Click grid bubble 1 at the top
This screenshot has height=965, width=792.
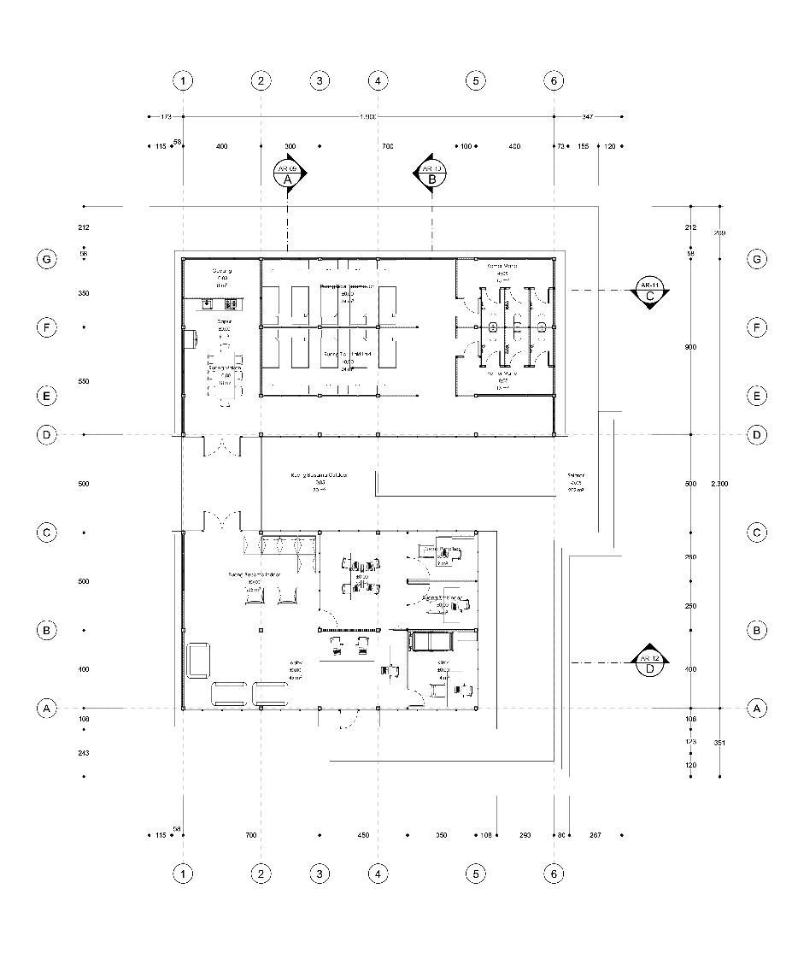pyautogui.click(x=183, y=81)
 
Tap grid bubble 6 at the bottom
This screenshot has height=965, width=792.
pyautogui.click(x=554, y=874)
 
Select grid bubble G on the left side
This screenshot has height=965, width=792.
pyautogui.click(x=47, y=259)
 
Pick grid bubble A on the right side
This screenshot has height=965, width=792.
pyautogui.click(x=756, y=708)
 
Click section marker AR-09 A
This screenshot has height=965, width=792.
pyautogui.click(x=289, y=173)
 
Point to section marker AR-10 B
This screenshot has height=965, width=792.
pyautogui.click(x=432, y=173)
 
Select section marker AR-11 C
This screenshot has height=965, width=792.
pyautogui.click(x=650, y=291)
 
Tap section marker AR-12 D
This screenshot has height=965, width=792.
pyautogui.click(x=650, y=663)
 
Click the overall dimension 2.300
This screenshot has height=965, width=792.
pyautogui.click(x=719, y=484)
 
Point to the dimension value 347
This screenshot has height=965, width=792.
pyautogui.click(x=588, y=115)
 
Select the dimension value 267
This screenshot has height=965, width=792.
pyautogui.click(x=595, y=835)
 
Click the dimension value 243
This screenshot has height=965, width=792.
pyautogui.click(x=83, y=753)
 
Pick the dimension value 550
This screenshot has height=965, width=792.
pyautogui.click(x=83, y=381)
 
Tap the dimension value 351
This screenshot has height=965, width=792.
pyautogui.click(x=719, y=743)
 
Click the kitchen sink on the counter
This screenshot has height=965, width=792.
pyautogui.click(x=208, y=303)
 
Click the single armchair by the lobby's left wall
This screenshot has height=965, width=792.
pyautogui.click(x=199, y=659)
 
